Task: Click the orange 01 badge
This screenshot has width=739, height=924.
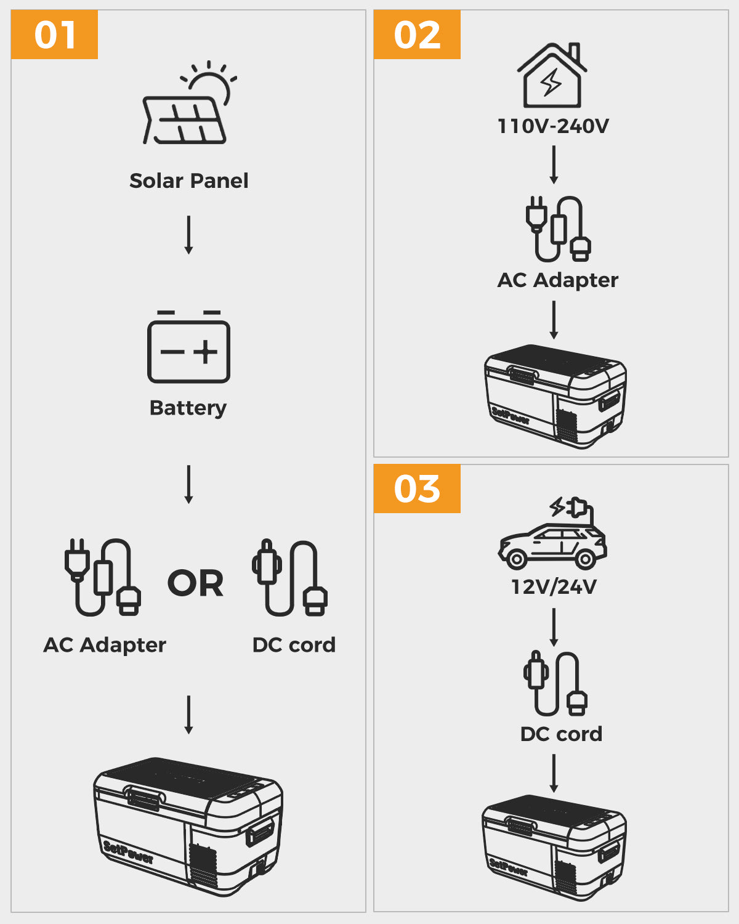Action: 54,34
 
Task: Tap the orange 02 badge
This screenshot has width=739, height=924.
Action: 417,34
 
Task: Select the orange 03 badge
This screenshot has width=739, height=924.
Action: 417,488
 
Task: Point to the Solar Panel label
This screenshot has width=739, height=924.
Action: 188,180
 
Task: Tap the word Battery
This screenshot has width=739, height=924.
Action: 188,408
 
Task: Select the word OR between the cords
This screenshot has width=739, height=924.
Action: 195,583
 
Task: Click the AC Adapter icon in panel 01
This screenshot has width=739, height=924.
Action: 102,578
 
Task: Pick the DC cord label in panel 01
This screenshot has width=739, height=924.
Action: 294,645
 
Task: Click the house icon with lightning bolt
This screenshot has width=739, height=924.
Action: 552,76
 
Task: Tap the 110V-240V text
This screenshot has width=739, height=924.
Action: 553,126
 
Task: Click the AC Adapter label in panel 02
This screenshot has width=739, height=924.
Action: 557,280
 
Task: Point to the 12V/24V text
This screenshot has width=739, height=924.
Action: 554,586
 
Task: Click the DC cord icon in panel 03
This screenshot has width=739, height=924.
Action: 555,684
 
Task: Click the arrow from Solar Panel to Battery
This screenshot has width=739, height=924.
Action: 189,235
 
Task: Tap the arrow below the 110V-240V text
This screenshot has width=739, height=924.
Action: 554,164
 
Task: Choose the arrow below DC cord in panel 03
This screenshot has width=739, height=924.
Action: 554,773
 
